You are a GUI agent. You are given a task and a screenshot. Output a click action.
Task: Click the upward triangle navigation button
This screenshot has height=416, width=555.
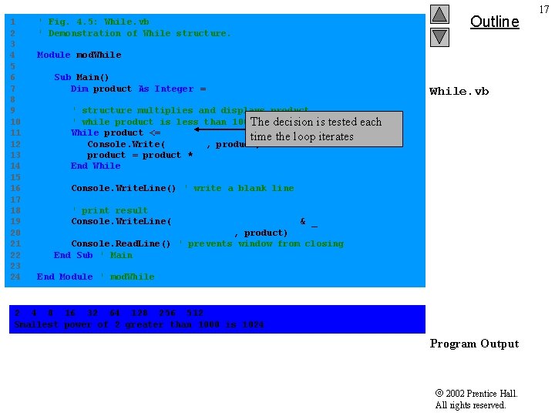[x=439, y=15]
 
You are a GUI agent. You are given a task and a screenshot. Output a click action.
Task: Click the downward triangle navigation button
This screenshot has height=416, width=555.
[x=439, y=36]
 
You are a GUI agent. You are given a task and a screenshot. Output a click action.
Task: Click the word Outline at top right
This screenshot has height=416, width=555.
[x=494, y=22]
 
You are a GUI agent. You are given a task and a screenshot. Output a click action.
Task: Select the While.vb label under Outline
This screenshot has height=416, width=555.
[x=459, y=92]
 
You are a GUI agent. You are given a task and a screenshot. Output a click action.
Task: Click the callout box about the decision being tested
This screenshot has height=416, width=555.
[x=324, y=129]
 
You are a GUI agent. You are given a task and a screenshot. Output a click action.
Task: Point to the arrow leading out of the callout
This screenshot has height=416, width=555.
[x=220, y=130]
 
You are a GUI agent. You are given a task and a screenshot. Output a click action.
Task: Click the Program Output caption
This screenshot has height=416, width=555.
[x=474, y=344]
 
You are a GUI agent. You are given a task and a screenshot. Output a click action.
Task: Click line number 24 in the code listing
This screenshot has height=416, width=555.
[x=15, y=277]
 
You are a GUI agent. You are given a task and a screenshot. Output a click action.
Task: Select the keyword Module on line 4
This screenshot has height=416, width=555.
[x=53, y=55]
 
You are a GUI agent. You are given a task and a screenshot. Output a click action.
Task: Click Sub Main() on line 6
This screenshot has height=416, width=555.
[x=82, y=77]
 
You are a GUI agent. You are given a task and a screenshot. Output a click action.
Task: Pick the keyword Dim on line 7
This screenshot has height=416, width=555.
[x=79, y=89]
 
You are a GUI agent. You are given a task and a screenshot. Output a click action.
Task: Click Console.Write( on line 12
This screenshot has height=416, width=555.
[x=126, y=144]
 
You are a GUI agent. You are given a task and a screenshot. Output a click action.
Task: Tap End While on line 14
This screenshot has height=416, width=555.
[x=96, y=166]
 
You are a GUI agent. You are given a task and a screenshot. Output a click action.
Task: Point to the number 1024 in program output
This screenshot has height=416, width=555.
[x=253, y=325]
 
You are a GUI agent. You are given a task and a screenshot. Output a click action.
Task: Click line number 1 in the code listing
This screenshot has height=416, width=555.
[x=13, y=22]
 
